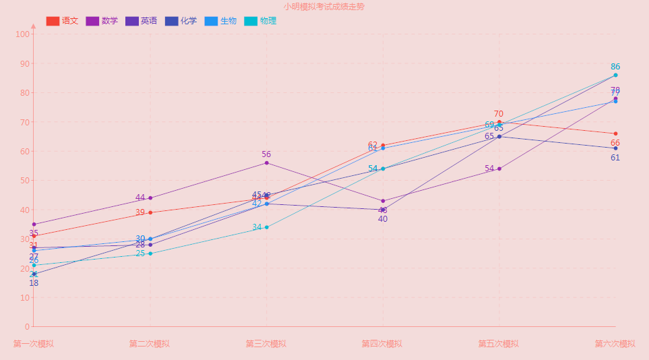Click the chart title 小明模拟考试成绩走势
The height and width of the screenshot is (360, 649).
coord(324,7)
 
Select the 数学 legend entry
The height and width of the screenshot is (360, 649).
coord(102,21)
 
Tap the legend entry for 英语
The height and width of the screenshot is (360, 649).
coord(141,21)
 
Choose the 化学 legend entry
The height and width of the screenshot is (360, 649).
coord(181,21)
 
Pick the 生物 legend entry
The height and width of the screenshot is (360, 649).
coord(220,21)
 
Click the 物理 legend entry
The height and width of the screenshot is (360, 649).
coord(260,21)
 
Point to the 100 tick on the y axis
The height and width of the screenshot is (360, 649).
coord(23,34)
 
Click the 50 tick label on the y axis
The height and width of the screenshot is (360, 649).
coord(24,181)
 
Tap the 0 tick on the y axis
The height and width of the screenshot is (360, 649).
coord(26,327)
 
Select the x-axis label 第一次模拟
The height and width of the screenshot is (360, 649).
coord(34,344)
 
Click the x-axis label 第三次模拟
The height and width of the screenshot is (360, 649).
coord(266,344)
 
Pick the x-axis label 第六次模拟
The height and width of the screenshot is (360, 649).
coord(615,344)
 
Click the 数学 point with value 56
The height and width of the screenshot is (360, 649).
coord(267,163)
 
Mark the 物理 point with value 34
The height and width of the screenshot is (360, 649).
coord(267,227)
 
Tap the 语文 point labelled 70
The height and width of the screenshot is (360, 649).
coord(499,122)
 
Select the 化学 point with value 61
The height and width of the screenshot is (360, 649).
coord(616,148)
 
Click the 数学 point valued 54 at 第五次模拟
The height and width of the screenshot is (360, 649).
coord(499,169)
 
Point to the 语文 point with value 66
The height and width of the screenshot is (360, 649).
coord(616,133)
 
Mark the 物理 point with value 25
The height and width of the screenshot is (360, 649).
coord(150,253)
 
